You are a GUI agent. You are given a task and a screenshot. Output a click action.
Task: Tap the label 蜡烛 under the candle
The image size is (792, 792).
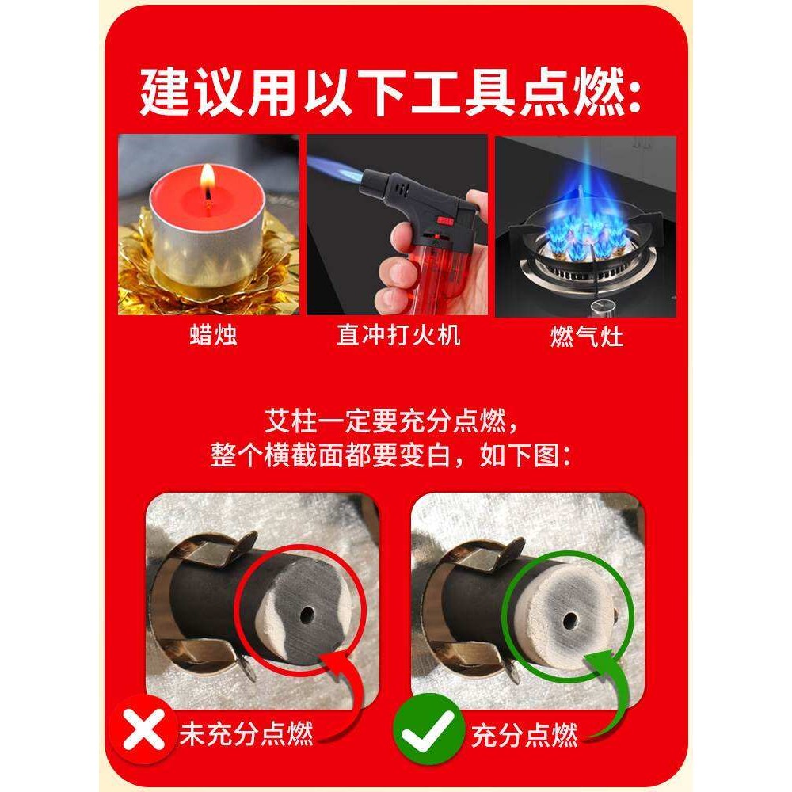point(214,334)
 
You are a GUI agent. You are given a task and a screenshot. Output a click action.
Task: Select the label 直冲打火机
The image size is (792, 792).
point(398,334)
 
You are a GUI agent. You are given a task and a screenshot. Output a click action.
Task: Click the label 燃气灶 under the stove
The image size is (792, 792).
point(587,336)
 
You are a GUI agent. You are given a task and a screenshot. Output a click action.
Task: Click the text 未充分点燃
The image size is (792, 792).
point(247,733)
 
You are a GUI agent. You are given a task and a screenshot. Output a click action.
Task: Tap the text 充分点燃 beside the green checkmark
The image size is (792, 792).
point(524,734)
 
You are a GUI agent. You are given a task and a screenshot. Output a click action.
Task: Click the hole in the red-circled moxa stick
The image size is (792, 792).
point(307,615)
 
